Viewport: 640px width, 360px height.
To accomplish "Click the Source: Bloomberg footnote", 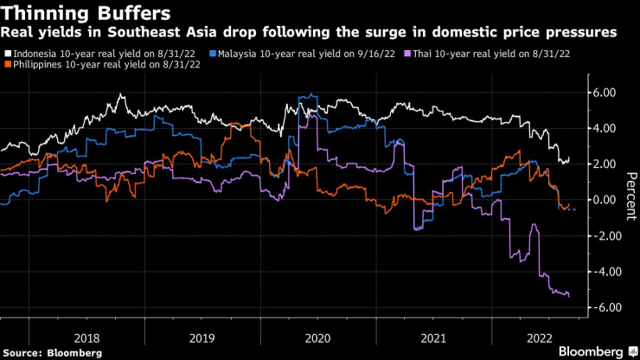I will (x=53, y=352).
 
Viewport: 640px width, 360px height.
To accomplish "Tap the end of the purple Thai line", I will (x=568, y=296).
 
